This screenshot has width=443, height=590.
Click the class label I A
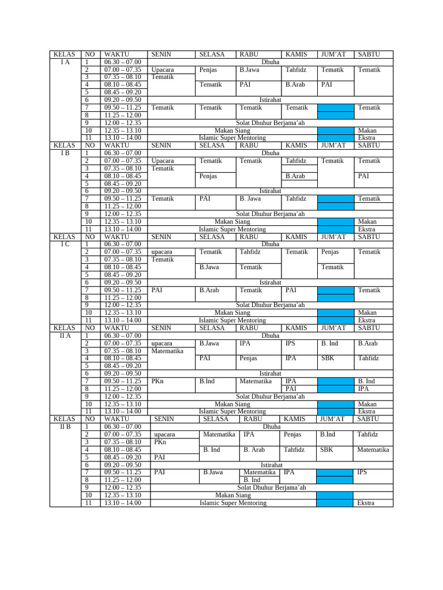(x=65, y=62)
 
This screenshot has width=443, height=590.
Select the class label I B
(x=65, y=153)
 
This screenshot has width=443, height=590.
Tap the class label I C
(x=65, y=244)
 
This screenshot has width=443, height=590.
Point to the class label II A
(x=65, y=335)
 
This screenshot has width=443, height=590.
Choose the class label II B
(x=65, y=427)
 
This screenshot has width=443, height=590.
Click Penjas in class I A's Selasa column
(x=208, y=70)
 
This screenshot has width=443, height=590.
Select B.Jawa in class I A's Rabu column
(x=249, y=70)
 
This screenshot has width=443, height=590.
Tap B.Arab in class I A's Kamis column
(x=295, y=85)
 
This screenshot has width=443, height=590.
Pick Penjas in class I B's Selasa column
(x=208, y=176)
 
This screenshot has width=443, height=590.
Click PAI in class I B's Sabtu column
(x=363, y=176)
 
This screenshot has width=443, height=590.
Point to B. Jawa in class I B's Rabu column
(x=250, y=199)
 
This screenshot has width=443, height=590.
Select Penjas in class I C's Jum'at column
(x=330, y=252)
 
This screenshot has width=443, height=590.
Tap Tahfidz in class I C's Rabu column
(x=250, y=252)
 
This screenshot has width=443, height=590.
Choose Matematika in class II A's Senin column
(x=167, y=351)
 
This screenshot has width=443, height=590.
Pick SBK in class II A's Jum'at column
(x=327, y=358)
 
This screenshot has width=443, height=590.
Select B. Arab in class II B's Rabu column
(x=254, y=450)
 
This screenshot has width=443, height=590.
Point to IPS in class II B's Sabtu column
(x=362, y=472)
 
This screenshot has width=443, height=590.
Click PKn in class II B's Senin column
(x=160, y=442)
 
